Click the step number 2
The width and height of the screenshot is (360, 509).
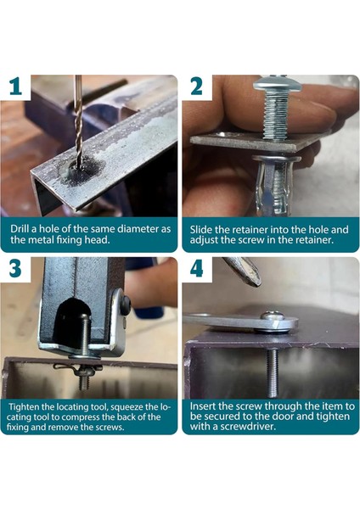coord(196,87)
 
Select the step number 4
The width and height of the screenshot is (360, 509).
coord(196,269)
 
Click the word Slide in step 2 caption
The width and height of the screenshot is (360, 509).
coord(204,229)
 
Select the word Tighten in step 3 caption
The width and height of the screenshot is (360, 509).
coord(31,406)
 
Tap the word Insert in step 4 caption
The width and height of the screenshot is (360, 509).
coord(206,406)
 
